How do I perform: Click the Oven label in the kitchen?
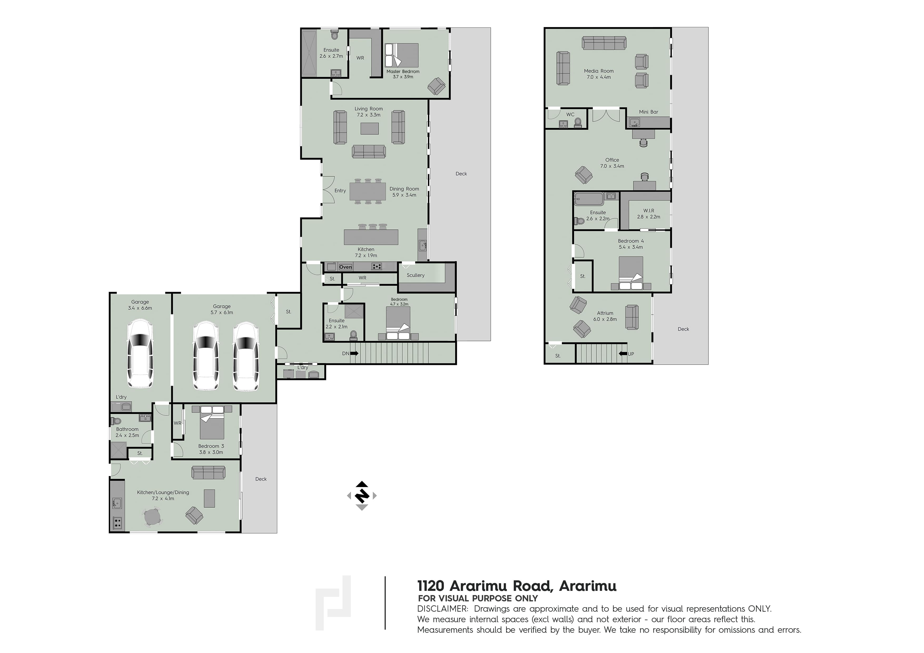[x=345, y=267]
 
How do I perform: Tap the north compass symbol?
[x=362, y=495]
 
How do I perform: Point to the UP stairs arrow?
[x=622, y=354]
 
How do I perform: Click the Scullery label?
[x=415, y=275]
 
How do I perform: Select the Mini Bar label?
[x=648, y=112]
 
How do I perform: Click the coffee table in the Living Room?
[x=369, y=128]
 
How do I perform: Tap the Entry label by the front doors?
[x=340, y=191]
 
